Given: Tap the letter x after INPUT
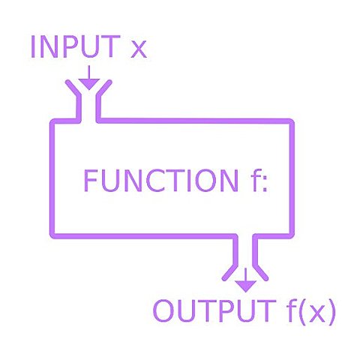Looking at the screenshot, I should tap(138, 49).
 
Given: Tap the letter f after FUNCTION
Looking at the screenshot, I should tap(250, 180).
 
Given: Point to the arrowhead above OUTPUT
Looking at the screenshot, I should tap(244, 285).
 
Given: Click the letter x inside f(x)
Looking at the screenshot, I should tap(316, 312).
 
